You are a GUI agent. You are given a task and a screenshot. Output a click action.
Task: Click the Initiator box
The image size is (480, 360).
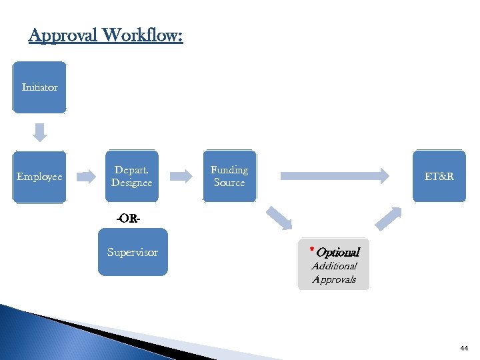[39, 87]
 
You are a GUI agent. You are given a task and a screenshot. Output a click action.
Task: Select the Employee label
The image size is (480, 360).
[39, 177]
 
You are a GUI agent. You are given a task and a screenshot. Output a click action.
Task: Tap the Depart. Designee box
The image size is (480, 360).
[131, 176]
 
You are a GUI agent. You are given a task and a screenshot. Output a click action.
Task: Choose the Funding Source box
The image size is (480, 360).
[229, 176]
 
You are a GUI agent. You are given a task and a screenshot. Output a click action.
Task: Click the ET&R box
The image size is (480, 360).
[439, 176]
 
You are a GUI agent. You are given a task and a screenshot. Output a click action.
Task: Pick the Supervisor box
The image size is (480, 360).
[133, 252]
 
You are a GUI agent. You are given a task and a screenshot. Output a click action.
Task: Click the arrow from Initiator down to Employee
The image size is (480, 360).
[40, 132]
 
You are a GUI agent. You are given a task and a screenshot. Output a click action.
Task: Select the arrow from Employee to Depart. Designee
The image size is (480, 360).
[87, 177]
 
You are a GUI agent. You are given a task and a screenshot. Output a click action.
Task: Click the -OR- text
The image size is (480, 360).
[128, 218]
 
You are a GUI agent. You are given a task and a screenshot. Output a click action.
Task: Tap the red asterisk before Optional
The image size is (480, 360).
[311, 250]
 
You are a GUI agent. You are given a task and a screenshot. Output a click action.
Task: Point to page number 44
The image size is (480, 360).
[464, 348]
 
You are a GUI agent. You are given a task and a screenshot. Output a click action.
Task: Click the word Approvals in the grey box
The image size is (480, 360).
[334, 279]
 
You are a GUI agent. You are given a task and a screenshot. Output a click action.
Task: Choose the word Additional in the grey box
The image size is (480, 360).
[335, 266]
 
